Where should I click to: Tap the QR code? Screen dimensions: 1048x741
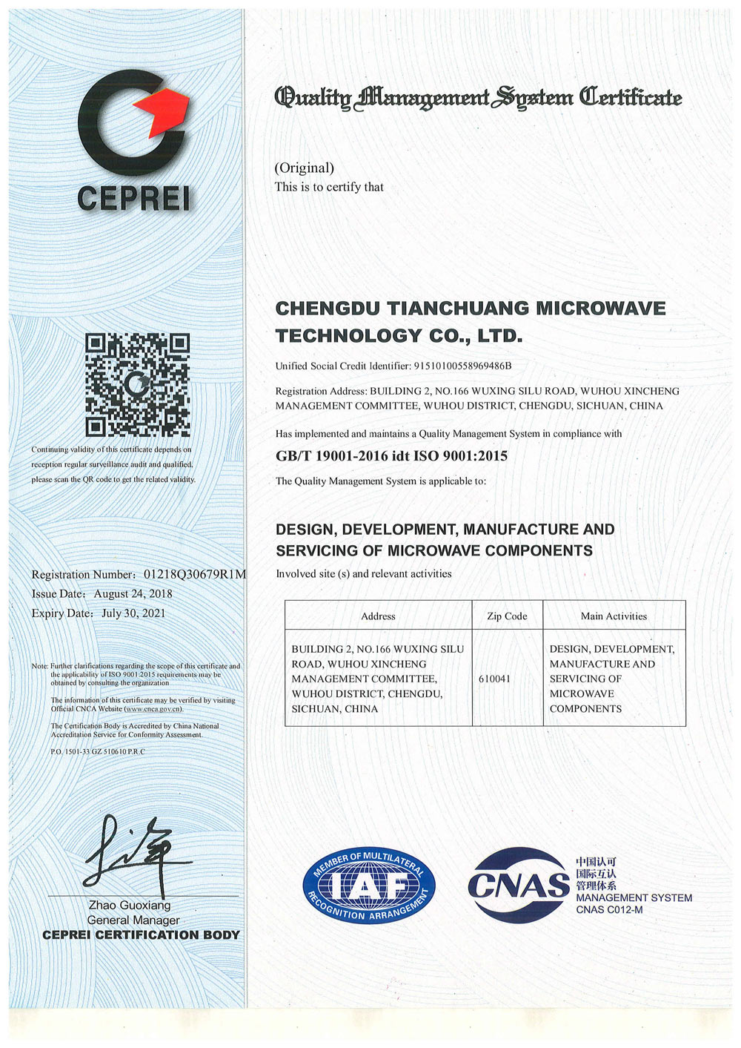[137, 385]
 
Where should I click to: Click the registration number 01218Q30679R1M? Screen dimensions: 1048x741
[195, 575]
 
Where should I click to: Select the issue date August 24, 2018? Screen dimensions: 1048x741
[133, 594]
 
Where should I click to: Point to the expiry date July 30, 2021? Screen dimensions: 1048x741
[133, 613]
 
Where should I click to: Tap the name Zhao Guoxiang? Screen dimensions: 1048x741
[130, 906]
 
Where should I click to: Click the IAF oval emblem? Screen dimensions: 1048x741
[369, 885]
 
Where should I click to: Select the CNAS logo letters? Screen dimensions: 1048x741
[519, 885]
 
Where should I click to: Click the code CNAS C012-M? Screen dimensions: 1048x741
[609, 910]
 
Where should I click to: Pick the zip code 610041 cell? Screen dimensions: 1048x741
[495, 679]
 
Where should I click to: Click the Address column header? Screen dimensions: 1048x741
[378, 616]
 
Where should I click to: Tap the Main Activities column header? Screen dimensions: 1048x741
[614, 616]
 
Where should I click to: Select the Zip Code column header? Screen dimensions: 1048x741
[507, 616]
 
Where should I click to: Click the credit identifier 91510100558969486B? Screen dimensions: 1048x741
[462, 366]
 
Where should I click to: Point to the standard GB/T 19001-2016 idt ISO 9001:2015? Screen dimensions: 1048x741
[391, 456]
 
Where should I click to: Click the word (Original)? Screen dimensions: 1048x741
[305, 168]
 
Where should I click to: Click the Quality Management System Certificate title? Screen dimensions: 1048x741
[478, 97]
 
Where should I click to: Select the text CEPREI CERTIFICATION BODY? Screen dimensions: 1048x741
[141, 935]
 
